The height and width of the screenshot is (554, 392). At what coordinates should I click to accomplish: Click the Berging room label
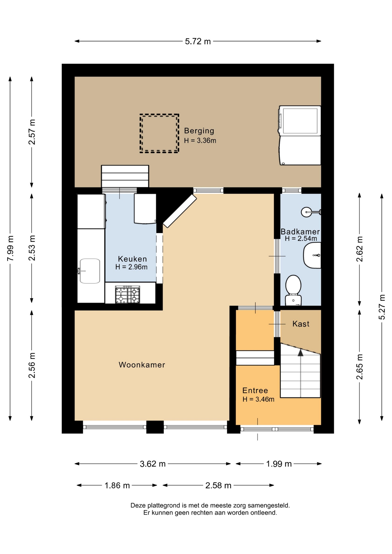(199, 131)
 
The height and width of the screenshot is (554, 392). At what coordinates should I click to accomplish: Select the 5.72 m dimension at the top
(198, 41)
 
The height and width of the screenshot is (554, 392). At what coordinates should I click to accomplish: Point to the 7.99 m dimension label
(10, 248)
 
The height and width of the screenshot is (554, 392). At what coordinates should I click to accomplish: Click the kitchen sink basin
(90, 271)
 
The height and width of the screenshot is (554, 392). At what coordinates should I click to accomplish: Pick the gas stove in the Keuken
(128, 294)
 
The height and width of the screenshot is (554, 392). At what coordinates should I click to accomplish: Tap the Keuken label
(132, 259)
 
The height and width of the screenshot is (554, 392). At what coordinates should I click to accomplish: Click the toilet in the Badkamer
(293, 290)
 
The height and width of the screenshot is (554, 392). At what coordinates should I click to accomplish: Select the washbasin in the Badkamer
(312, 255)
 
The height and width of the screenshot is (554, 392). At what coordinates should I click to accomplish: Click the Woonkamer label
(142, 365)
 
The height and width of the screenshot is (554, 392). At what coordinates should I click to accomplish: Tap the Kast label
(301, 324)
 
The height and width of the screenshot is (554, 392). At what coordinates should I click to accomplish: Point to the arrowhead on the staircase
(300, 352)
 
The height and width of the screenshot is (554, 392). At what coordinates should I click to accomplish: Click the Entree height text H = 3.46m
(258, 399)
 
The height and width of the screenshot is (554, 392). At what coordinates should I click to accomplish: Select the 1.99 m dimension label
(279, 464)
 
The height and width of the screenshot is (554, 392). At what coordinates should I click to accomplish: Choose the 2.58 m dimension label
(218, 485)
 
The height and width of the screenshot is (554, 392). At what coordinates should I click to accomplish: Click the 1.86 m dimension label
(117, 485)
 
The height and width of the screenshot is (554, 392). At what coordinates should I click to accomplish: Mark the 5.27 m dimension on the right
(382, 307)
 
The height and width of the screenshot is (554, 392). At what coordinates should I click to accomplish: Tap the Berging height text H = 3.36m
(200, 141)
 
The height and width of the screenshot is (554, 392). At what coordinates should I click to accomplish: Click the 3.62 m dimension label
(153, 464)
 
